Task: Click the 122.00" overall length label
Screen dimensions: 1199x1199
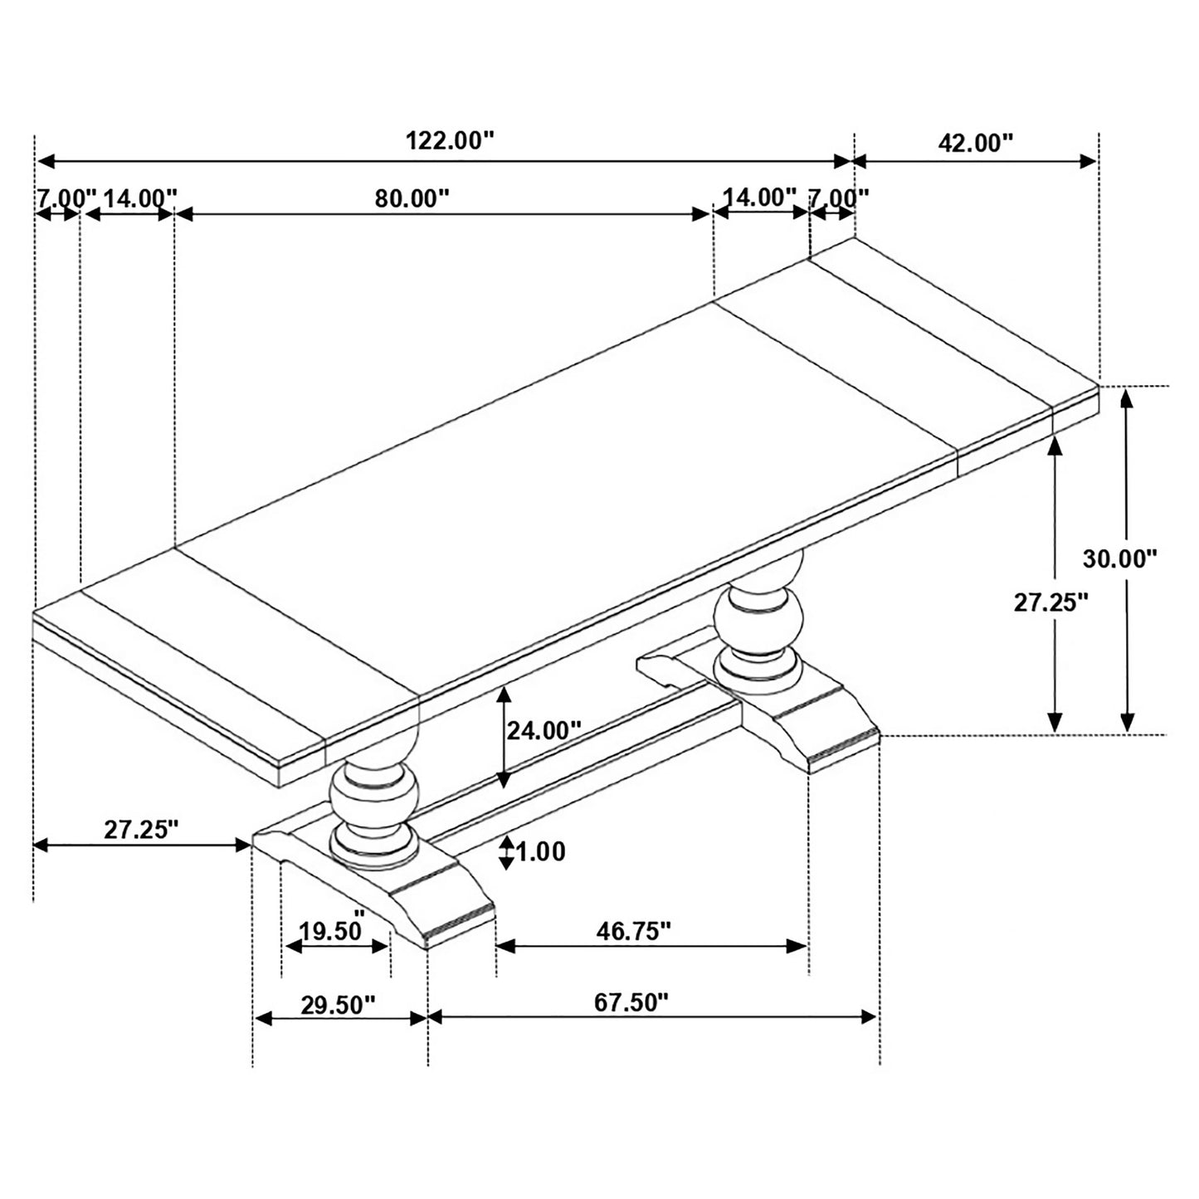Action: [449, 141]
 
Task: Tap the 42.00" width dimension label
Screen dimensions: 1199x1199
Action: [976, 144]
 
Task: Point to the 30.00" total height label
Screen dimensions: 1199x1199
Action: [1119, 558]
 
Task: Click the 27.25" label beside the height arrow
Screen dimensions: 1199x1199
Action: [1050, 602]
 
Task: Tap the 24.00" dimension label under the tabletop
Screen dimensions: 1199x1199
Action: [543, 730]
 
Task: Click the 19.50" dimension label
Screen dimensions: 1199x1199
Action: [332, 930]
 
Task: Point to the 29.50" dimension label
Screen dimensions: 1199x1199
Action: [338, 1005]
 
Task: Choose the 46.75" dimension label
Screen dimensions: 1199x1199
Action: [633, 931]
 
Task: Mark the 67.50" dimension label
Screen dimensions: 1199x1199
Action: [631, 1003]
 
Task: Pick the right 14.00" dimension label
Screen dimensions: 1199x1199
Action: [759, 197]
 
